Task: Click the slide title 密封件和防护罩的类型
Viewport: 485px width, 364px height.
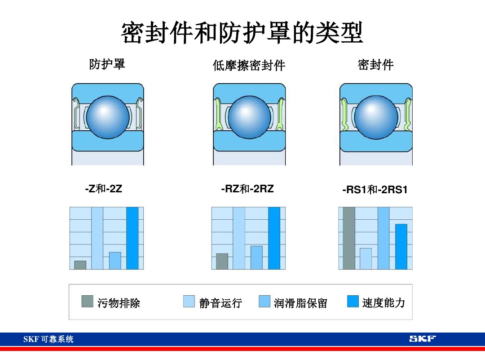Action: click(x=242, y=33)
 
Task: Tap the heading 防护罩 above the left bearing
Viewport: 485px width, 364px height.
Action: click(x=107, y=64)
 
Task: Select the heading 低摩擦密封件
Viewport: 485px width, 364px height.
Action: click(x=249, y=66)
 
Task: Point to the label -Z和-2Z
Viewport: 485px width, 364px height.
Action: click(x=103, y=189)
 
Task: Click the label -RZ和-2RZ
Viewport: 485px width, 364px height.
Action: click(x=247, y=189)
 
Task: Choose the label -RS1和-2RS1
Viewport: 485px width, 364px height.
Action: click(x=375, y=190)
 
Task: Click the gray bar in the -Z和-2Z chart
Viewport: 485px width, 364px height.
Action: click(x=80, y=265)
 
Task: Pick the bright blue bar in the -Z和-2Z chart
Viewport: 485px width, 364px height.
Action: click(x=132, y=238)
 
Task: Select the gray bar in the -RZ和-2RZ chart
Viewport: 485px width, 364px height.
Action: click(x=222, y=261)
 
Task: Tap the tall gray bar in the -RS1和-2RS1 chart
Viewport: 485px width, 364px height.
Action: click(x=348, y=238)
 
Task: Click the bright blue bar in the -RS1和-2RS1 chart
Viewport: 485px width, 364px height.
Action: click(x=401, y=246)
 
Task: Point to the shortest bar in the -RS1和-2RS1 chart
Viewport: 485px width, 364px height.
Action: click(x=366, y=258)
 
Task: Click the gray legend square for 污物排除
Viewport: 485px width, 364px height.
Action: click(x=87, y=301)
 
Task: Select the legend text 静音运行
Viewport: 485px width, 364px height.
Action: click(x=220, y=303)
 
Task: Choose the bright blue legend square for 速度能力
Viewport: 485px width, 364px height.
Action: click(x=353, y=301)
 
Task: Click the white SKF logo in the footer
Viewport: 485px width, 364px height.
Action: click(x=422, y=338)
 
